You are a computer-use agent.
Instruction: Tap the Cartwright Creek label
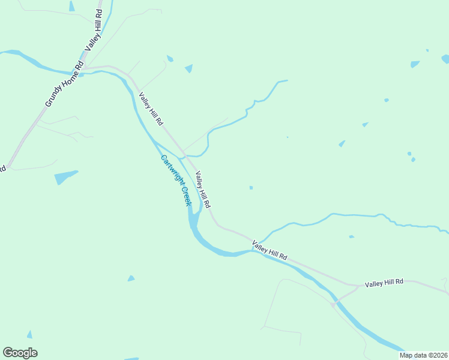click(176, 181)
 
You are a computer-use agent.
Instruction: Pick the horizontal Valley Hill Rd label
click(384, 281)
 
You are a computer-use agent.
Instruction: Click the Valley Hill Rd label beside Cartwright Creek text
click(202, 190)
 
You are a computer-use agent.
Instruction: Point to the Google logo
click(20, 353)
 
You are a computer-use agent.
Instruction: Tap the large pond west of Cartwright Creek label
click(65, 177)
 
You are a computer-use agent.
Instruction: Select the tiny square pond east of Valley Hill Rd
click(251, 188)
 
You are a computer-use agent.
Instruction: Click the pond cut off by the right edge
click(445, 59)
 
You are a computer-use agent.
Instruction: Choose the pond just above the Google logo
click(29, 334)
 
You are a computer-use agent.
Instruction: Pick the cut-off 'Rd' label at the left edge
click(2, 168)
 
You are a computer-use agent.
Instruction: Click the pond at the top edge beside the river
click(72, 6)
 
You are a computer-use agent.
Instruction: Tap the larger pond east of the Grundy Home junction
click(189, 68)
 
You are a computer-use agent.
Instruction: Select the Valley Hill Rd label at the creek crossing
click(270, 250)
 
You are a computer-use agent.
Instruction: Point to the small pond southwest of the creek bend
click(131, 278)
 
